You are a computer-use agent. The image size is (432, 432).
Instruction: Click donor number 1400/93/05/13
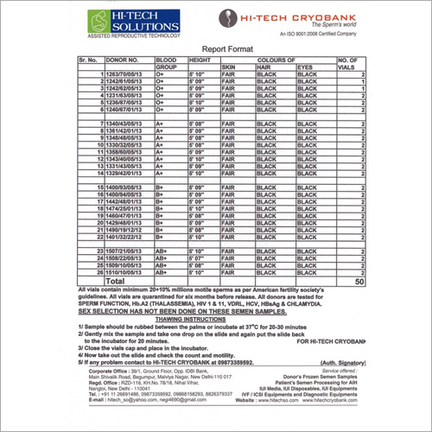point(130,187)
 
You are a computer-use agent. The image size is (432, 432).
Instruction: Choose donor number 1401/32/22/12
point(130,236)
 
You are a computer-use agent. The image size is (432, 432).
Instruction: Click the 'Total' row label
point(116,281)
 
